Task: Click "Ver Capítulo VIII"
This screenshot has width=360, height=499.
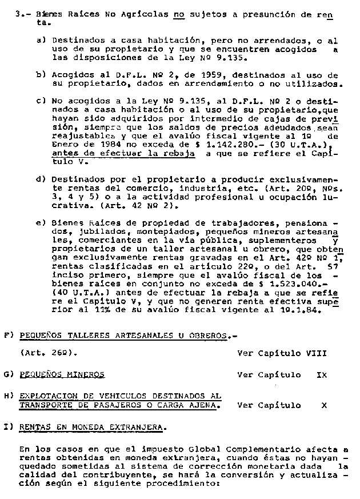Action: (x=282, y=353)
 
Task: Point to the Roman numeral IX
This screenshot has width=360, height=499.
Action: (x=322, y=375)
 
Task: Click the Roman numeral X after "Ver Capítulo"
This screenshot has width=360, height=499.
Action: (x=324, y=405)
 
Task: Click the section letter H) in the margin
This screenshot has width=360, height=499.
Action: (x=7, y=396)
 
